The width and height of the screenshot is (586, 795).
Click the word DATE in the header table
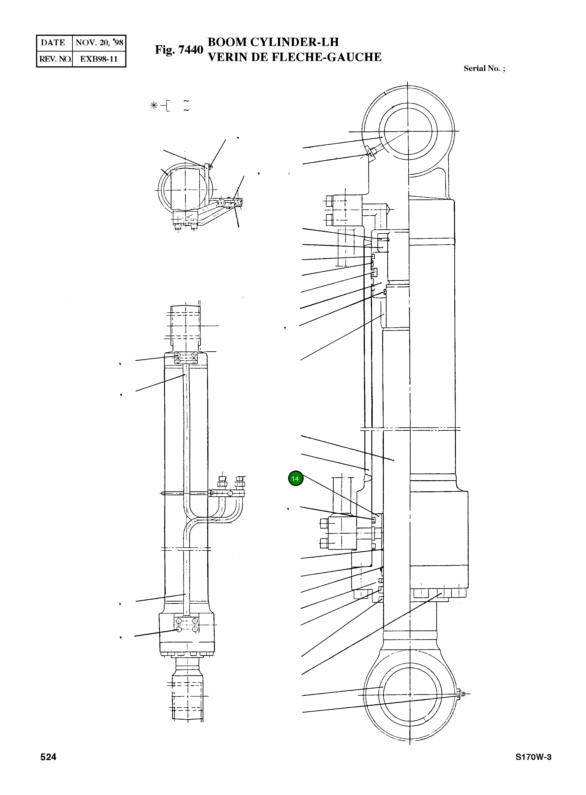53,43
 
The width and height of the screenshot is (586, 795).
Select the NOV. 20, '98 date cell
99,43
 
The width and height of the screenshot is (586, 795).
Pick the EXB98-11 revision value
99,59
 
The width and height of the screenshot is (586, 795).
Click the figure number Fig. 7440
179,50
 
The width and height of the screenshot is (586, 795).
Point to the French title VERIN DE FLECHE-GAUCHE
294,57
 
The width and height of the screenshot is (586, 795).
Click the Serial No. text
484,68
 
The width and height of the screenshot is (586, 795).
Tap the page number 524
48,757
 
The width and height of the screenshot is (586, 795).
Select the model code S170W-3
533,757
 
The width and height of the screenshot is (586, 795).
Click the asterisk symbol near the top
154,105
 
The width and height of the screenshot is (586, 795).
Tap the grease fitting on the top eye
371,152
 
